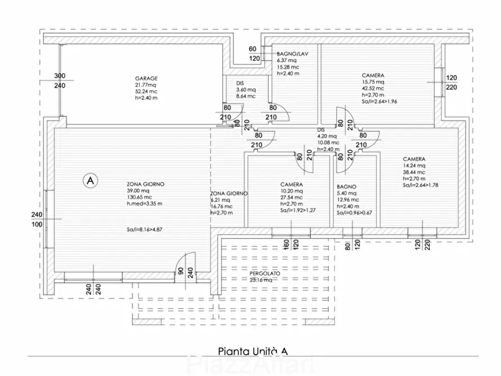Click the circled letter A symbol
pyautogui.click(x=90, y=180)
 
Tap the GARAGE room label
pyautogui.click(x=146, y=79)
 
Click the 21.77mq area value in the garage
pyautogui.click(x=146, y=85)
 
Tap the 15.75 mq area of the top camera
pyautogui.click(x=374, y=81)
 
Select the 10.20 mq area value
pyautogui.click(x=291, y=191)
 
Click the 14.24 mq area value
pyautogui.click(x=415, y=166)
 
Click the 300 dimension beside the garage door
pyautogui.click(x=60, y=76)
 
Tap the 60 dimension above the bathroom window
pyautogui.click(x=253, y=49)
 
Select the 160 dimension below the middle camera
pyautogui.click(x=286, y=245)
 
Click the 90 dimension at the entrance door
pyautogui.click(x=180, y=271)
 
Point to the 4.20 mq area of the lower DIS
pyautogui.click(x=327, y=136)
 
